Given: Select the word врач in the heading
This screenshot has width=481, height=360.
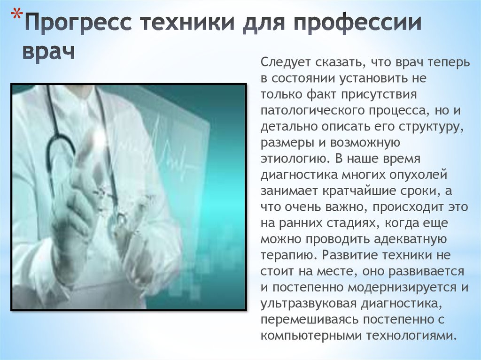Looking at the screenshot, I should tap(49, 51).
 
